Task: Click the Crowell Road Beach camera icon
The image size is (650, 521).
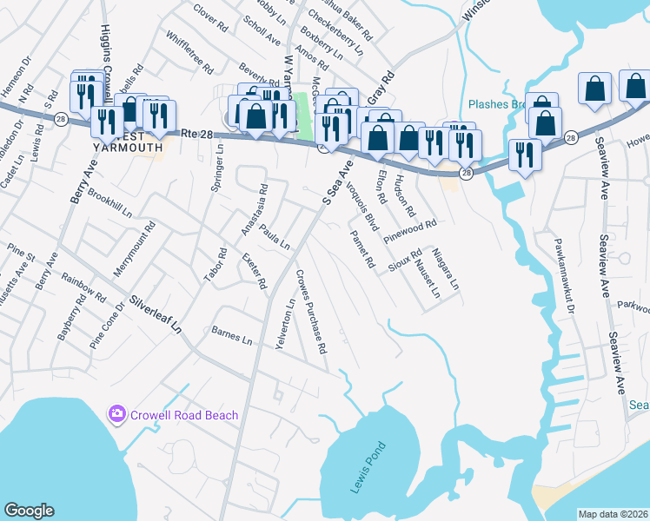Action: (x=116, y=414)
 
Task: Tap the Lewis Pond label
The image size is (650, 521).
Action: (x=368, y=468)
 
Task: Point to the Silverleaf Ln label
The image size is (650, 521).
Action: (x=157, y=314)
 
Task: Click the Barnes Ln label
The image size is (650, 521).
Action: (x=231, y=334)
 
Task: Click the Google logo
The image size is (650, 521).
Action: (x=29, y=511)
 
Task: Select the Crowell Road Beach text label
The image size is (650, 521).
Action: (x=184, y=415)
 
